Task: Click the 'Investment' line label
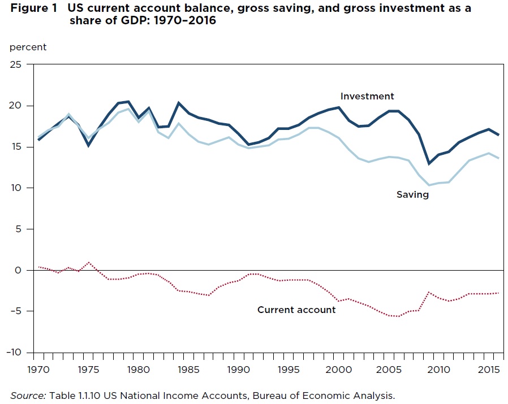point(367,96)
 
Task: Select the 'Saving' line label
point(412,194)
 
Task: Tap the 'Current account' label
point(296,310)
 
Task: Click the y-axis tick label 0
point(23,270)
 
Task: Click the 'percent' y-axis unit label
point(28,47)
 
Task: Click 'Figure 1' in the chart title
point(32,9)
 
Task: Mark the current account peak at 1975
point(88,262)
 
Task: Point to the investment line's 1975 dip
point(88,146)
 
